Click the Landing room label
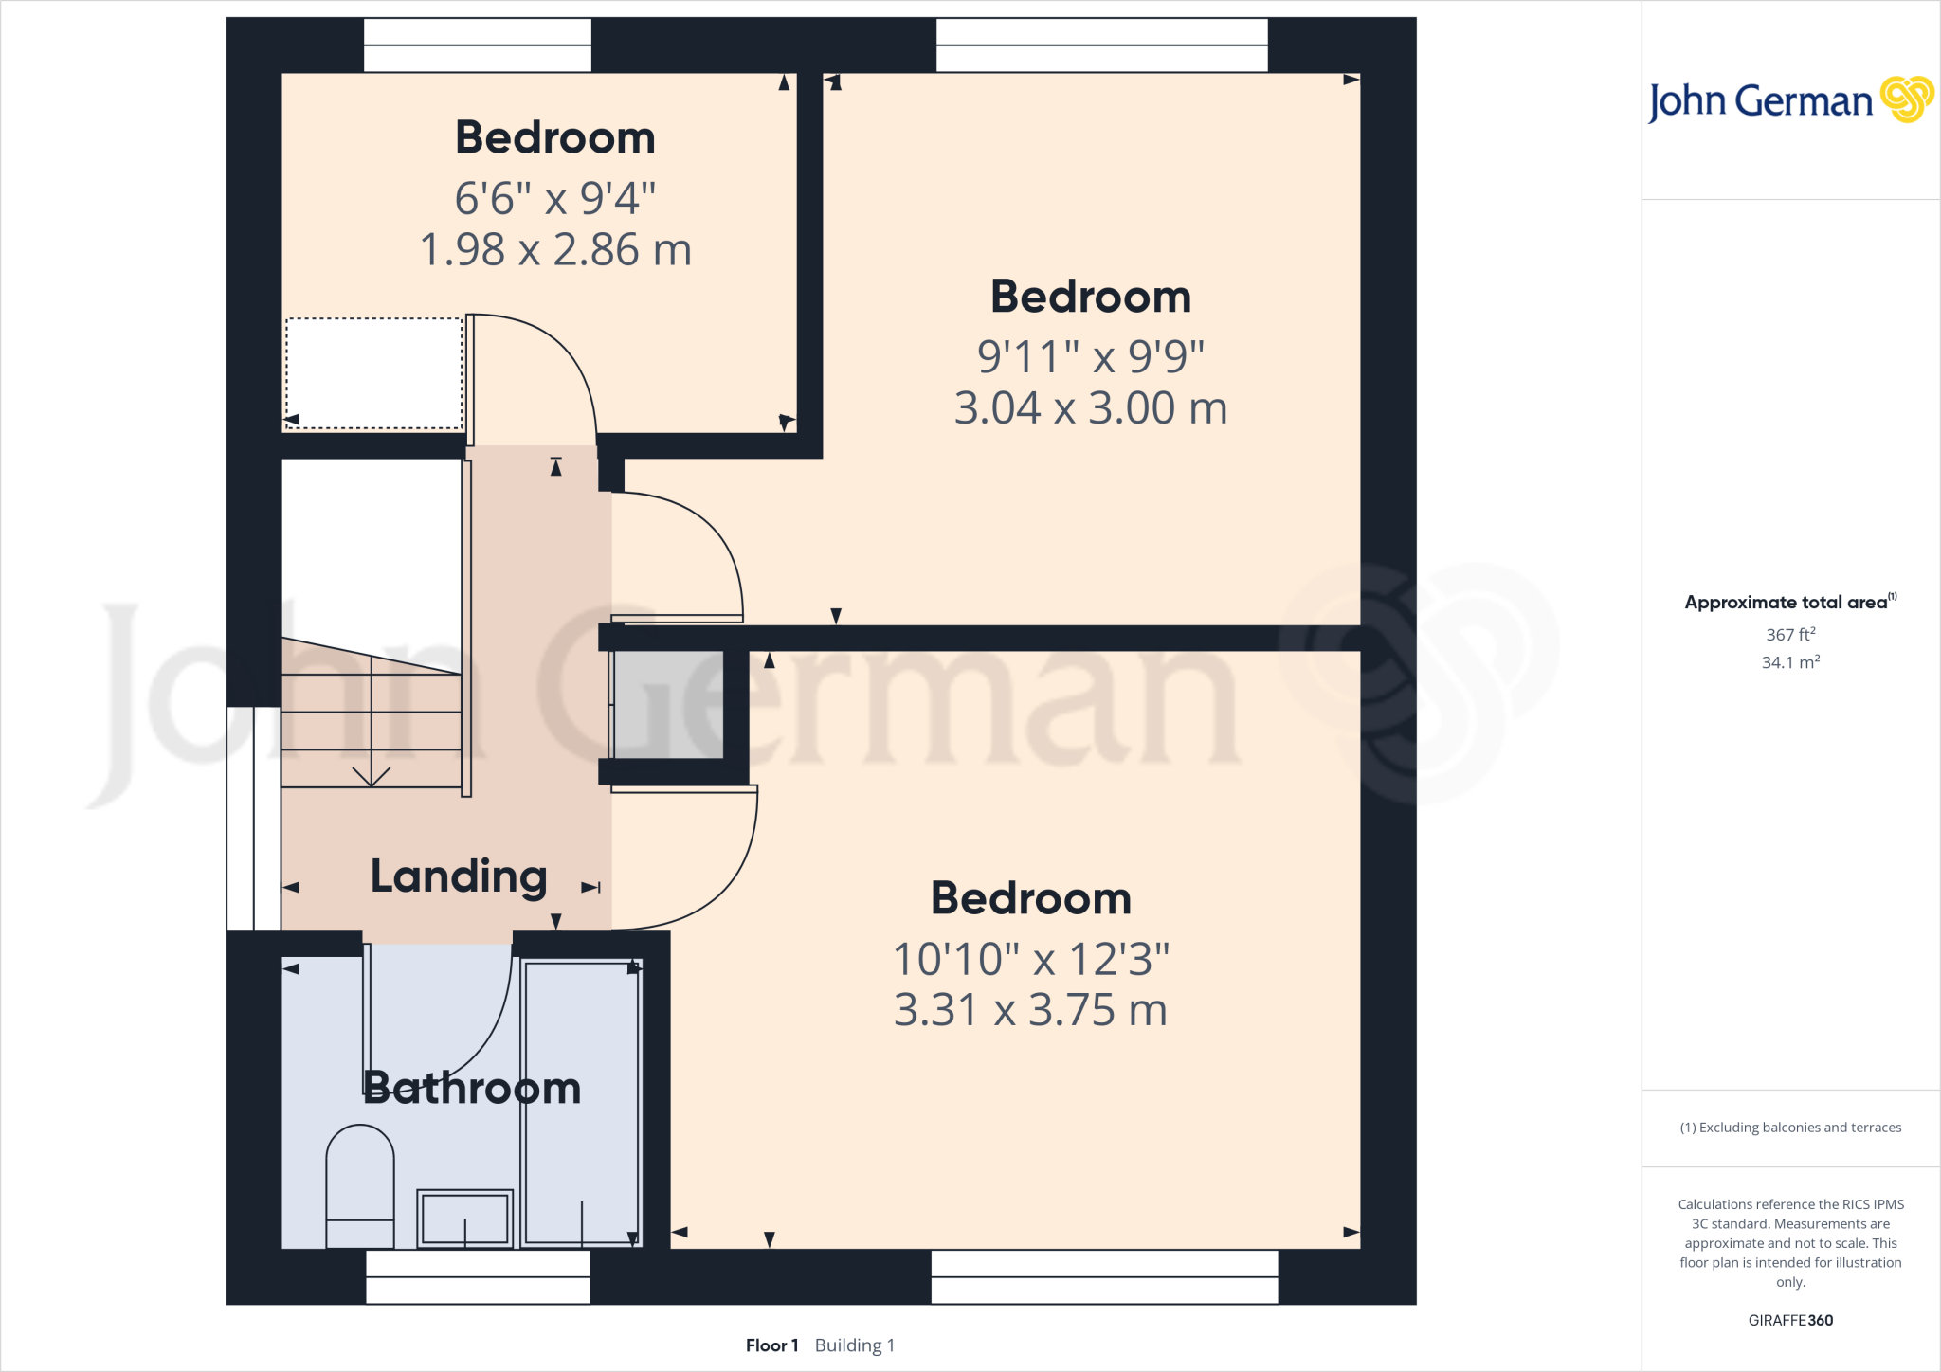tap(459, 876)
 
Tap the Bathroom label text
tap(472, 1088)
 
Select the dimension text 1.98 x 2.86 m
tap(555, 250)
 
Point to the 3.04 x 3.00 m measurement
tap(1091, 408)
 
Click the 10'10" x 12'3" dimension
tap(1031, 959)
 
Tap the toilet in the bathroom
tap(360, 1184)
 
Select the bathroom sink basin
tap(464, 1218)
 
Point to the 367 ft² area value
tap(1790, 634)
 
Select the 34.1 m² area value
tap(1790, 662)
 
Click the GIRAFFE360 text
tap(1790, 1320)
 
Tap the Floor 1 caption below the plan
tap(771, 1345)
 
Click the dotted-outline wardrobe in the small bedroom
tap(374, 373)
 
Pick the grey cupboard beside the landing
tap(668, 704)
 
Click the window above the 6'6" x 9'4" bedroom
tap(478, 45)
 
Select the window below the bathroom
tap(478, 1276)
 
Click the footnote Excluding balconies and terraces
tap(1790, 1128)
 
